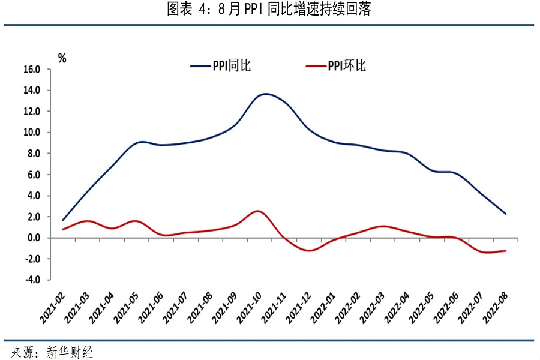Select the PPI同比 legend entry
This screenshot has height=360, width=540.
coord(221,66)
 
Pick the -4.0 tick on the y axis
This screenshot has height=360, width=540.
coord(32,280)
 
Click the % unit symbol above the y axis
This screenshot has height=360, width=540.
coord(62,58)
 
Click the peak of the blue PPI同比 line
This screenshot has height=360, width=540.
coord(266,94)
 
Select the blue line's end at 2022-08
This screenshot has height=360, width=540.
coord(506,214)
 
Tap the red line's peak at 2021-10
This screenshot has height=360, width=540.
coord(257,211)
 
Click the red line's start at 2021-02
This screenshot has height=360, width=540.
coord(62,229)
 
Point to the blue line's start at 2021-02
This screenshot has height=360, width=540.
coord(62,220)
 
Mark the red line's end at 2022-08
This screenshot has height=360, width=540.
coord(506,251)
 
